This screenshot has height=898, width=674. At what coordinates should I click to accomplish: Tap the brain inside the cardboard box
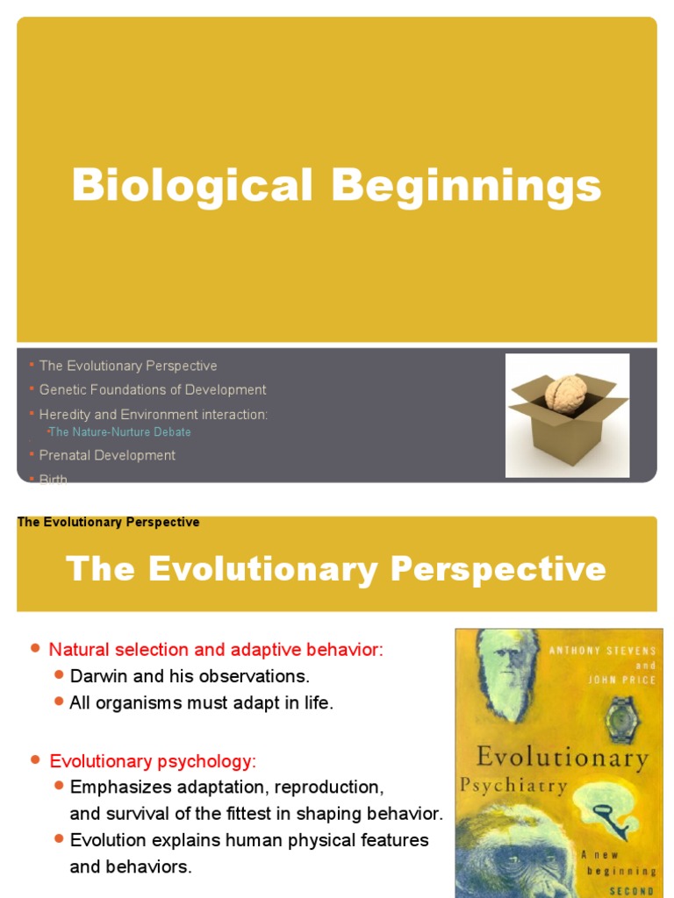point(565,393)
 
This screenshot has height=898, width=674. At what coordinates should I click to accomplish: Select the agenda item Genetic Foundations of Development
point(153,389)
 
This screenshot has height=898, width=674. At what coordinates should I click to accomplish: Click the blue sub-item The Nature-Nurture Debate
point(120,432)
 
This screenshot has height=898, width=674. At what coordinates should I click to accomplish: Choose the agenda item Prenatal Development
point(107,455)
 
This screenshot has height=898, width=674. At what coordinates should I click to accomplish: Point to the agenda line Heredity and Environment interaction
point(154,414)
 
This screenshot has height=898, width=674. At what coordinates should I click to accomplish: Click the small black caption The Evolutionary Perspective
point(108,523)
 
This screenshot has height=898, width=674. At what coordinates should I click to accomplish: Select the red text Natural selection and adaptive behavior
point(216,650)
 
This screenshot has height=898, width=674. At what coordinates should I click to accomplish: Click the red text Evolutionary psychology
point(153,760)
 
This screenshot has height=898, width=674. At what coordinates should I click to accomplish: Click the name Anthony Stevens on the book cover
point(602,650)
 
